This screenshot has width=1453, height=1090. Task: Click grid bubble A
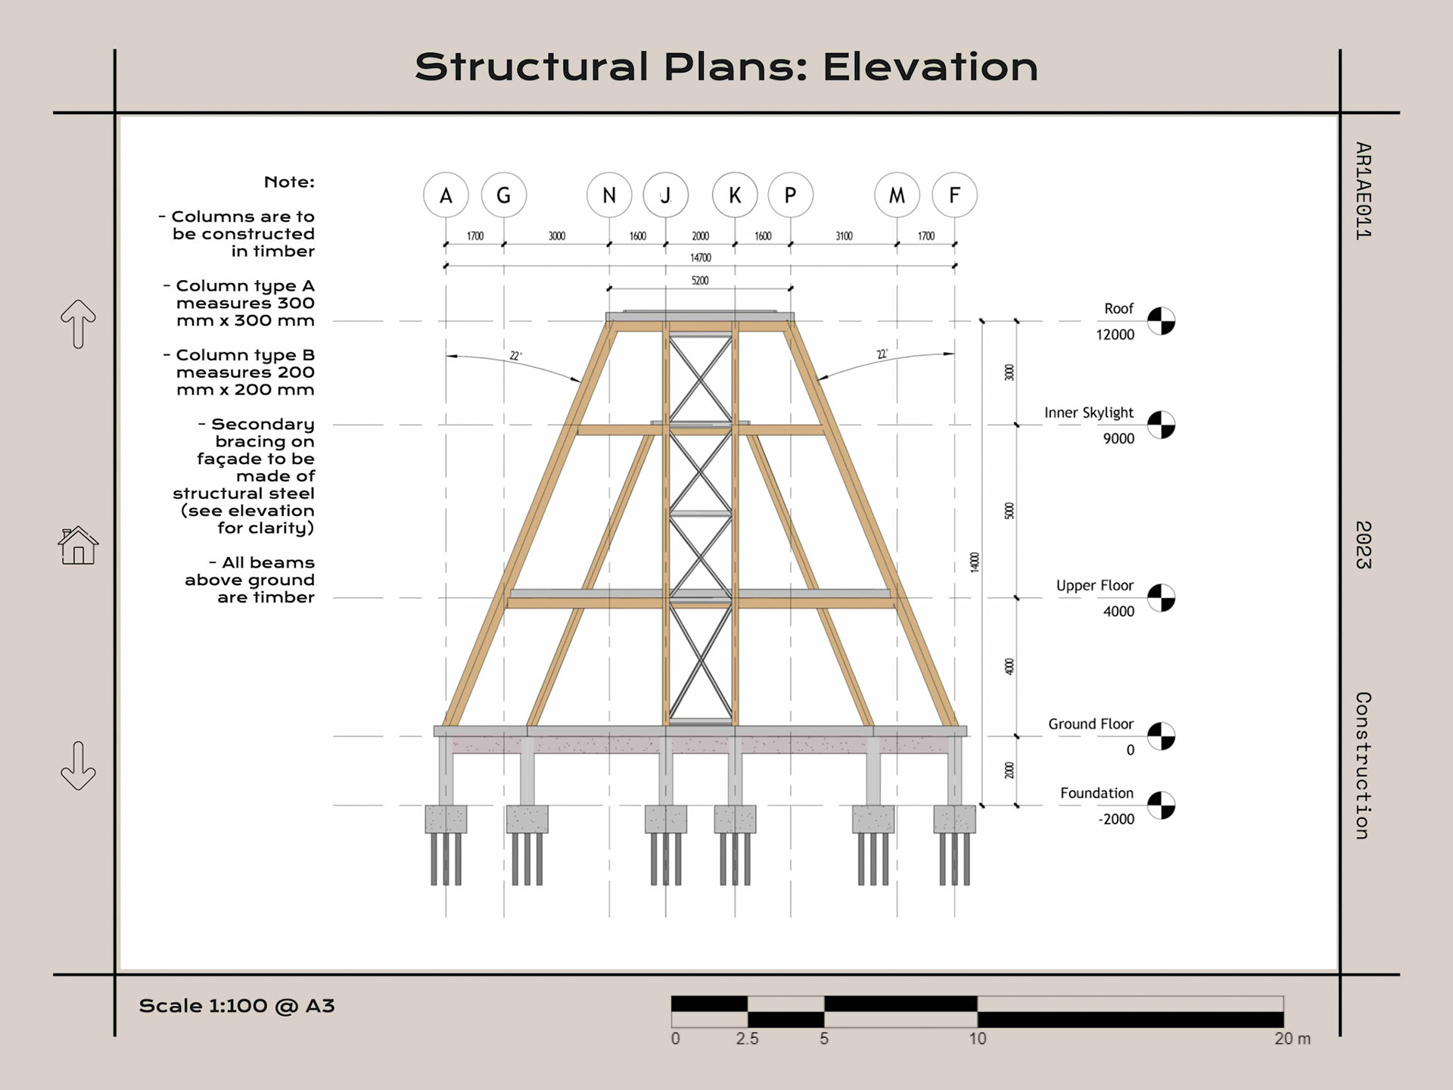[x=446, y=195]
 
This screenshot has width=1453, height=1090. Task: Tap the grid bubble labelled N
[x=609, y=195]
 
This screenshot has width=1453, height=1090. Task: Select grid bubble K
[x=735, y=195]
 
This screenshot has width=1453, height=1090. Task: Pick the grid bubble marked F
[x=954, y=195]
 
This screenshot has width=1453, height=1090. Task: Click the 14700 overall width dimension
[x=700, y=258]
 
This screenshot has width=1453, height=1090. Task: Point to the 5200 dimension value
[x=700, y=281]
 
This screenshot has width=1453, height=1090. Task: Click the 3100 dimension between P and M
[x=844, y=236]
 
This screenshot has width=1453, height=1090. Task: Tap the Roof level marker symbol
[x=1161, y=321]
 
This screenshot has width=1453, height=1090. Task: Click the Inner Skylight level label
[x=1088, y=413]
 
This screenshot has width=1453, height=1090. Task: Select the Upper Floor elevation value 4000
[x=1119, y=612]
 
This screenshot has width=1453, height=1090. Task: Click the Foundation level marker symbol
[x=1161, y=805]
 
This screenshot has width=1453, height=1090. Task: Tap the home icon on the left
[x=79, y=546]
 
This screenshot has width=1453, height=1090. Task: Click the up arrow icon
[x=79, y=324]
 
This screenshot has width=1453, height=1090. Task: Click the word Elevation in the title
[x=930, y=67]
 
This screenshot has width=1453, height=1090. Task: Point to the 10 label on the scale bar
[x=978, y=1039]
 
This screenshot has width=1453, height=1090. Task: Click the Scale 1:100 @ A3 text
[x=237, y=1006]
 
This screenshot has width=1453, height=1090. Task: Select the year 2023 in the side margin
[x=1363, y=545]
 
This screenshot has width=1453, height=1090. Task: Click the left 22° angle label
[x=515, y=356]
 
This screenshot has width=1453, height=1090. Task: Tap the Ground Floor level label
[x=1091, y=724]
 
